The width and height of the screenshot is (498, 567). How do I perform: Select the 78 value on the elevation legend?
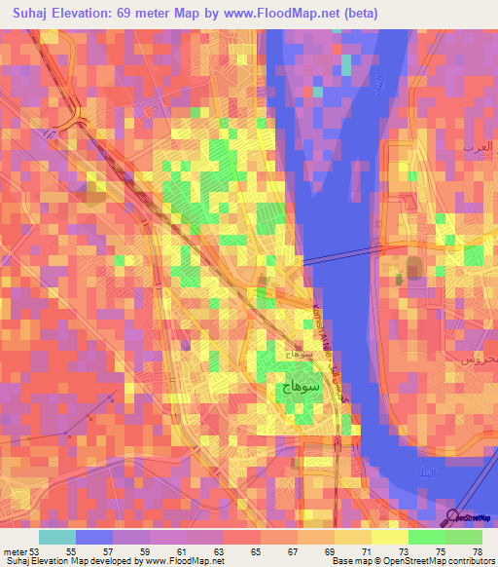[x=476, y=551]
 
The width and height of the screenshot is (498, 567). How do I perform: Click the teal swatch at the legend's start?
[x=57, y=537]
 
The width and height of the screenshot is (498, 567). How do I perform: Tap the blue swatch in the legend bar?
[x=94, y=537]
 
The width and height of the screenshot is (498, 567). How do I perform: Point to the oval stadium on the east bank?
[x=414, y=268]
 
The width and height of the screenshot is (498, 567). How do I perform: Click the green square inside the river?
[x=347, y=64]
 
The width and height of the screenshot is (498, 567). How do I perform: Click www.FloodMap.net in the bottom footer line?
[x=186, y=561]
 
